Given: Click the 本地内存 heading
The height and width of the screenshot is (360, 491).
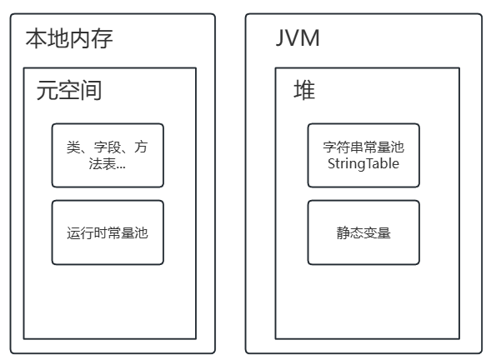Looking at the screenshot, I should click(68, 38).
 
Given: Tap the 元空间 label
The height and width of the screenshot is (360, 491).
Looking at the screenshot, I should click(68, 91).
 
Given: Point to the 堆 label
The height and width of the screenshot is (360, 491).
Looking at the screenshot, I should click(304, 91).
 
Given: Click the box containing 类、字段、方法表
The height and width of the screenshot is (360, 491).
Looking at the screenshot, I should click(108, 155).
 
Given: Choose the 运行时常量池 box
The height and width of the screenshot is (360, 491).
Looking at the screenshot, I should click(108, 232).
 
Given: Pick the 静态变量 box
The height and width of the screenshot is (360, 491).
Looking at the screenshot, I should click(363, 232).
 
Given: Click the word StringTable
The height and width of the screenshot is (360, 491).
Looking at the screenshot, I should click(363, 164).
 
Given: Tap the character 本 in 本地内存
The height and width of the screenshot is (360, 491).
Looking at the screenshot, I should click(36, 38).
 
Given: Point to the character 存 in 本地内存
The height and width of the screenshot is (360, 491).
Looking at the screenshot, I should click(102, 38).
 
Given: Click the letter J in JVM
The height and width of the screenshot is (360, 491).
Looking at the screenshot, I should click(281, 38).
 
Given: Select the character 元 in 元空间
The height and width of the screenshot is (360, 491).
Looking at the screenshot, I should click(47, 91).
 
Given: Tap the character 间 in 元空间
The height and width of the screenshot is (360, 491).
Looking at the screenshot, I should click(91, 91).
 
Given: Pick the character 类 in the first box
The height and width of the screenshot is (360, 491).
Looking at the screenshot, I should click(73, 147).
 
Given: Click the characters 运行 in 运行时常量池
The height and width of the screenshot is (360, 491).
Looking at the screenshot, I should click(80, 232).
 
